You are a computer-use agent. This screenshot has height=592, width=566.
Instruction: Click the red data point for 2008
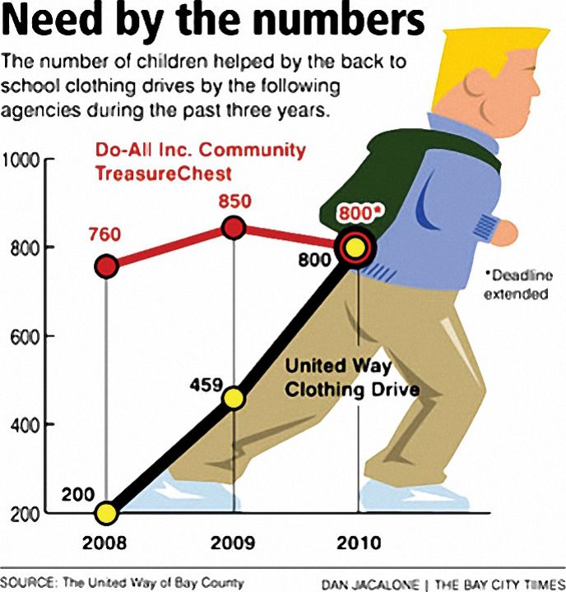coord(106,266)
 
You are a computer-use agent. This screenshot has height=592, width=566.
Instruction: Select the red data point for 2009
coord(234,228)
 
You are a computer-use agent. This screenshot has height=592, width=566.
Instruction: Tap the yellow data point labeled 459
coord(234,398)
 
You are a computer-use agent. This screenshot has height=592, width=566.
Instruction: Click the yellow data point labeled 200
coord(106,514)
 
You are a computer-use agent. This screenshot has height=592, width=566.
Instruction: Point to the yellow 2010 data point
coord(355,247)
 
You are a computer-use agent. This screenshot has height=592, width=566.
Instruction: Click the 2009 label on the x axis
coord(234,543)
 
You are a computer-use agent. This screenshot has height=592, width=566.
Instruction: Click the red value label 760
coord(104,235)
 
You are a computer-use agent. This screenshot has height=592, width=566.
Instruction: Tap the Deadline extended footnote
coord(517,284)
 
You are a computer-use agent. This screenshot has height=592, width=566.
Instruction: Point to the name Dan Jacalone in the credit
coord(369,584)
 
